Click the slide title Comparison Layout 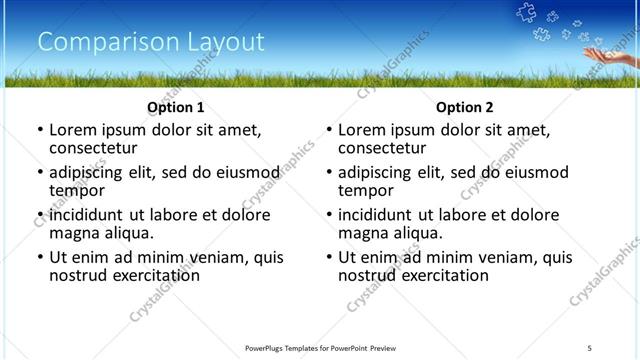click(x=151, y=42)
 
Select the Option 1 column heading click(x=176, y=107)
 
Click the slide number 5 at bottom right click(x=590, y=347)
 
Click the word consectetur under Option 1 click(x=97, y=147)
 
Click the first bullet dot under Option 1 click(x=40, y=130)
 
